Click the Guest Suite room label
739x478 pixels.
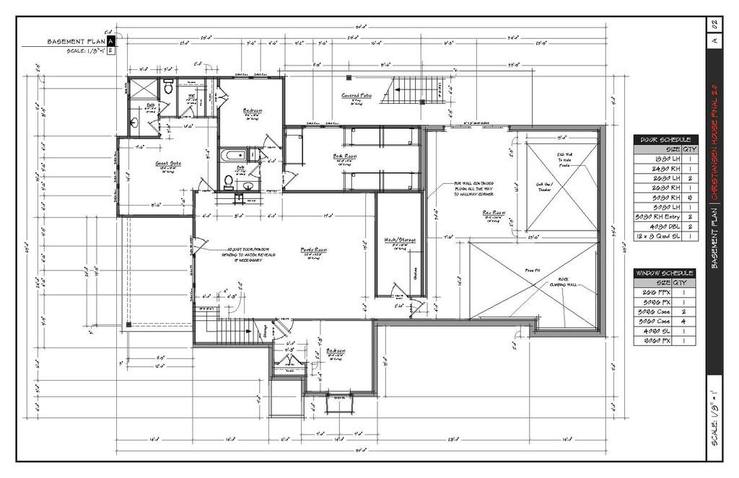point(168,164)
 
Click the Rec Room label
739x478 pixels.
point(494,213)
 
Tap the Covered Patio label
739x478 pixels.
point(356,95)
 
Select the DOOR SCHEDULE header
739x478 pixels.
point(665,140)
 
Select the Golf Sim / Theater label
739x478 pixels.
point(544,187)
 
